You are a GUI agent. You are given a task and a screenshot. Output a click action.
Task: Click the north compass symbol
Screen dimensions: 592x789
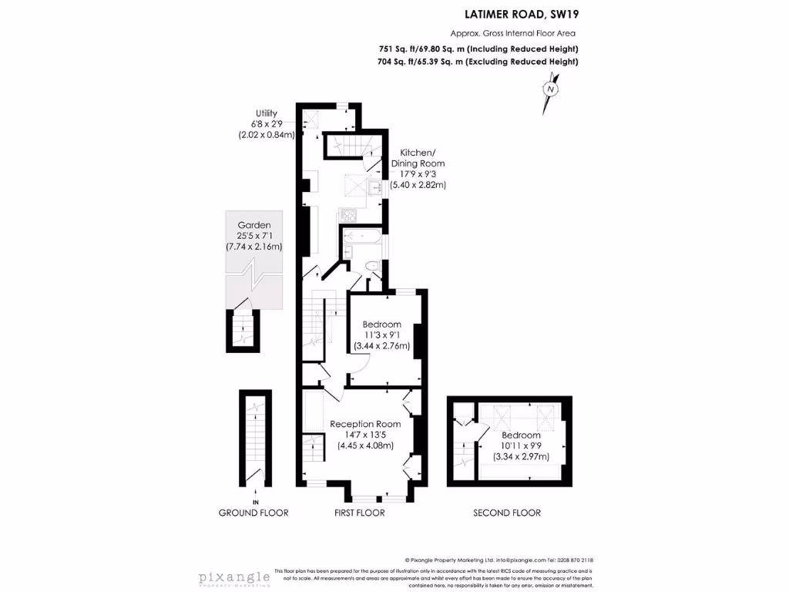[x=550, y=89]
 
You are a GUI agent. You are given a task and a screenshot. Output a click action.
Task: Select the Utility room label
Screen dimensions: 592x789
[x=267, y=113]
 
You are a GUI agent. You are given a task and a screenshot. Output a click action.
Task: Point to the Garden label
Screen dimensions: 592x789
[x=253, y=225]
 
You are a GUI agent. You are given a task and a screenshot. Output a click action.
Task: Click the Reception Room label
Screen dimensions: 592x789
[x=365, y=424]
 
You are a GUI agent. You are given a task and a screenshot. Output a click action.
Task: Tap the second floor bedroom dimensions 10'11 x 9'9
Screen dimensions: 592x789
[x=521, y=446]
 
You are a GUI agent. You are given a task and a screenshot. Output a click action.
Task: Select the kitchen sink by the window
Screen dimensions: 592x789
[x=378, y=187]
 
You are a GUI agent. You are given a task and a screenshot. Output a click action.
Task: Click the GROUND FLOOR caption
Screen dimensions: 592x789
[x=253, y=513]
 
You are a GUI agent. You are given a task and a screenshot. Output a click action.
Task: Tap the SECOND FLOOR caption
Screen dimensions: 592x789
[x=506, y=513]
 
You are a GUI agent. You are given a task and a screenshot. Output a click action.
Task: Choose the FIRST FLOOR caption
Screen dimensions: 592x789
[x=359, y=513]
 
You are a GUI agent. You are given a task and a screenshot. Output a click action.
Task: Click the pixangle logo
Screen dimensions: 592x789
[x=234, y=577]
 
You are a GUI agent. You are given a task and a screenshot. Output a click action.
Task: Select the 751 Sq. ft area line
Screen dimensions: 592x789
[x=478, y=49]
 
